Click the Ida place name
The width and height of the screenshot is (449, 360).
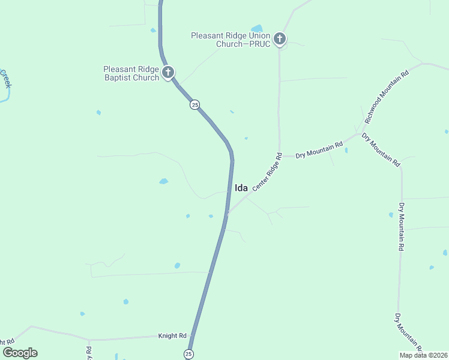(x=241, y=188)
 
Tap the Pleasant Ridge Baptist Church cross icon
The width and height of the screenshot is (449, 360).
(x=168, y=73)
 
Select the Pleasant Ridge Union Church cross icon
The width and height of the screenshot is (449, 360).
(x=279, y=40)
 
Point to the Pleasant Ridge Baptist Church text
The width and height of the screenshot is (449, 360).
(x=131, y=73)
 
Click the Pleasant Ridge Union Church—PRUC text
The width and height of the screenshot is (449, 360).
(x=230, y=40)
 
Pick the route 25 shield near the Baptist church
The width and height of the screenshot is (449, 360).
(x=194, y=104)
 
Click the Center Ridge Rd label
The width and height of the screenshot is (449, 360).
(x=267, y=172)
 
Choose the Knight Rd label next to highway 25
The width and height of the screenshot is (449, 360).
(x=172, y=336)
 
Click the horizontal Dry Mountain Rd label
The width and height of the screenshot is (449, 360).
(x=319, y=149)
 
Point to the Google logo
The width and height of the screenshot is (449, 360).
(x=20, y=353)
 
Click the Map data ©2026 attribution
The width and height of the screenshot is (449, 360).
(x=424, y=355)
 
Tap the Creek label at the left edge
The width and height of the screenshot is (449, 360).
(x=5, y=79)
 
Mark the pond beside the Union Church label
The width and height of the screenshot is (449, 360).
(x=257, y=28)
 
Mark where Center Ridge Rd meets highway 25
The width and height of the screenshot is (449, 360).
(x=228, y=214)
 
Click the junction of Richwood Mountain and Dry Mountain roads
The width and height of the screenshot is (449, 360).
(x=360, y=133)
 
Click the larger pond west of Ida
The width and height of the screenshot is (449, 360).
(x=163, y=181)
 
